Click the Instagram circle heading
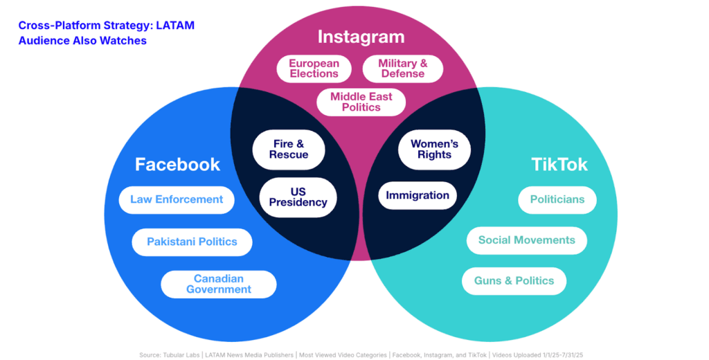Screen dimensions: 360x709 361,36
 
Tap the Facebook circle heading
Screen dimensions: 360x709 177,164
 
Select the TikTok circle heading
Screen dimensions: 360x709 559,164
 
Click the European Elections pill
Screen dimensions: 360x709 314,69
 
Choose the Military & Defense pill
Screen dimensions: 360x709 402,69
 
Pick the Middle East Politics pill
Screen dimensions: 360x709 361,102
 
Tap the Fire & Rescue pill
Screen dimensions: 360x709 289,149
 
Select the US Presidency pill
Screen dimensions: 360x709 298,197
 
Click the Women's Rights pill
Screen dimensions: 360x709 434,149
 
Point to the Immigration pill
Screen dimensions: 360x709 418,195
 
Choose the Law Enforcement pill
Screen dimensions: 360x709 177,199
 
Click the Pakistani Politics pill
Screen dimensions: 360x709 192,242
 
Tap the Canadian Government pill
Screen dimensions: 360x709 219,284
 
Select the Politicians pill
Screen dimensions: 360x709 557,199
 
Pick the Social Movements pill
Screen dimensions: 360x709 527,240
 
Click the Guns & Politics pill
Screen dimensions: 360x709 514,280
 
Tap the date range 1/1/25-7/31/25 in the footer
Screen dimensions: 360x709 547,355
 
